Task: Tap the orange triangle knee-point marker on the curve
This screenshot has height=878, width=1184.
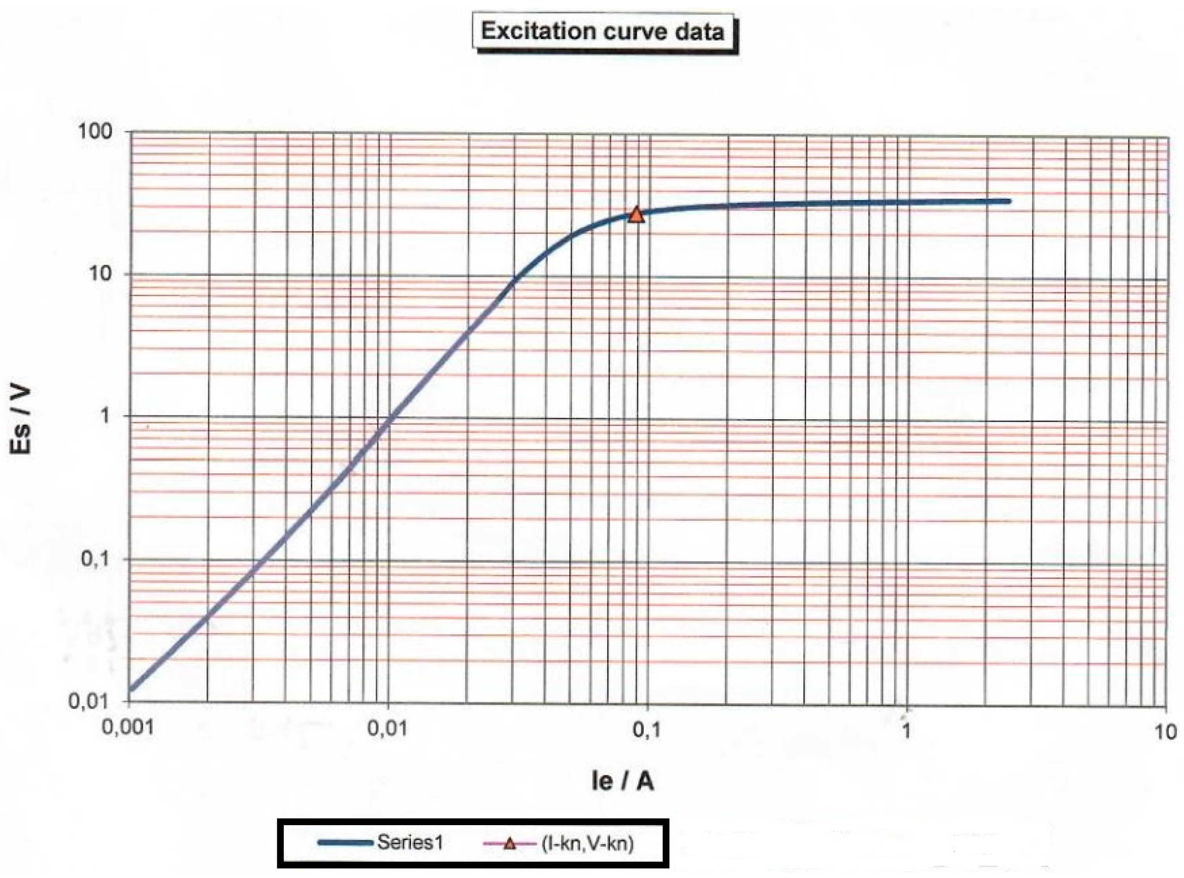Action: (636, 215)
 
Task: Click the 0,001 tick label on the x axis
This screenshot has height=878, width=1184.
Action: (128, 727)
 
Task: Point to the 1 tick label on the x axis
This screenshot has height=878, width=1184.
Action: (906, 731)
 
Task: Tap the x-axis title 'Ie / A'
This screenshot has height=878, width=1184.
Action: (622, 781)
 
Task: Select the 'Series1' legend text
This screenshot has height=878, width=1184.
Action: (410, 842)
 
